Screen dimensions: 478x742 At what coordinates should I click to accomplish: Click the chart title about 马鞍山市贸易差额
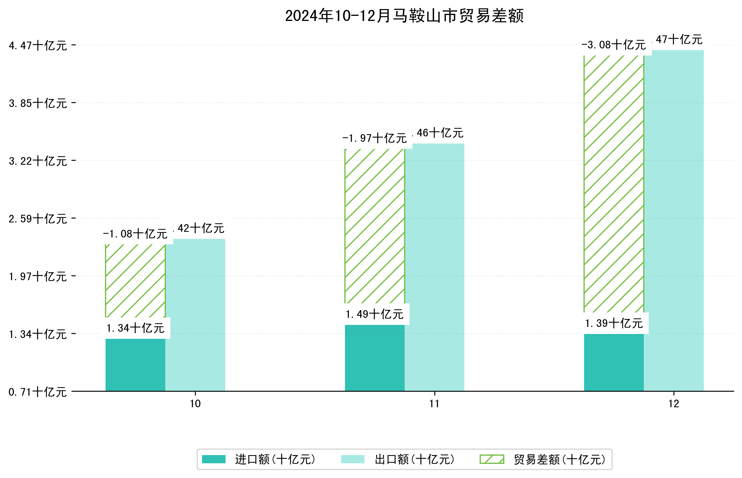(404, 16)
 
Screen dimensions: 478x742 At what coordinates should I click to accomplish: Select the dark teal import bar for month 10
(135, 365)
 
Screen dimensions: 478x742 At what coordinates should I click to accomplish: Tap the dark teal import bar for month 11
(375, 358)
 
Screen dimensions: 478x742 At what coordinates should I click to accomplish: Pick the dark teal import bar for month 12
(614, 362)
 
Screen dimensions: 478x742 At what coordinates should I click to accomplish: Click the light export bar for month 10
(195, 315)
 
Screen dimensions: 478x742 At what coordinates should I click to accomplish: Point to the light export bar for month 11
(434, 267)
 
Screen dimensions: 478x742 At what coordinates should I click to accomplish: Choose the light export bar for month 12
(674, 221)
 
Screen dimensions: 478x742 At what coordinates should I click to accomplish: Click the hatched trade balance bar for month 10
(135, 281)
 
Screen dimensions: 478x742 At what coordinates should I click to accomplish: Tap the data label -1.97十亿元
(374, 138)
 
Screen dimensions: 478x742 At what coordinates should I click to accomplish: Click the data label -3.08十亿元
(613, 45)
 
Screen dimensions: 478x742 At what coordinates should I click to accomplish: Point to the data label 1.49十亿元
(374, 314)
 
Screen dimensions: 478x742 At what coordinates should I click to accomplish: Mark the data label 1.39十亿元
(614, 323)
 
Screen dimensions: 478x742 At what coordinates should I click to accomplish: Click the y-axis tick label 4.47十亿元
(38, 46)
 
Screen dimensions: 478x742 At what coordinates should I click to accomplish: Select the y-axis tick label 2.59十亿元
(38, 219)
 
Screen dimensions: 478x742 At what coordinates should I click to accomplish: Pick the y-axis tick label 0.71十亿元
(38, 392)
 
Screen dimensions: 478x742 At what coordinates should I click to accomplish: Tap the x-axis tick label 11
(434, 404)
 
